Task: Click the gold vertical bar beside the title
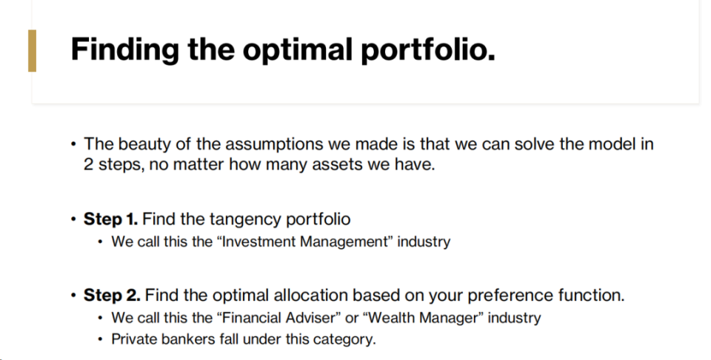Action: click(x=32, y=51)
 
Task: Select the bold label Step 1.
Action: click(x=110, y=219)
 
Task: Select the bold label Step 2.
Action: click(x=112, y=296)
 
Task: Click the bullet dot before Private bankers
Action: click(x=100, y=339)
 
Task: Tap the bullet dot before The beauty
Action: click(x=73, y=144)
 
